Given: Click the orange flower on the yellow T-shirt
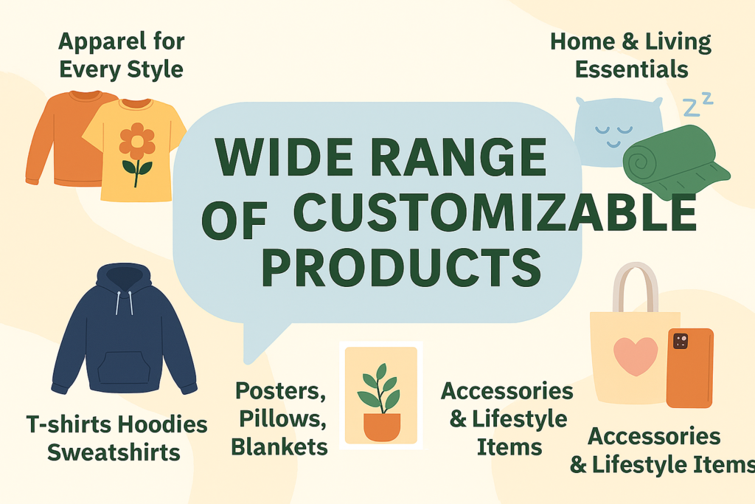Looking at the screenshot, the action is point(137,141).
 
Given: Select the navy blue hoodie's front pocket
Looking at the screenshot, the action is point(124,367).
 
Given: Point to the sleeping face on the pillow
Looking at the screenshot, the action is point(613,135).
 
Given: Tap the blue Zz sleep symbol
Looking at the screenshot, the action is point(697,104).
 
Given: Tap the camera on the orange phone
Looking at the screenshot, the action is point(681,341).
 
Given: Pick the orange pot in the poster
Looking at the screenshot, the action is point(382,427).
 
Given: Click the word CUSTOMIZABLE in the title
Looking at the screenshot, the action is point(495,212).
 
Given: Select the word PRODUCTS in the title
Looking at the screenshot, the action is point(401,267).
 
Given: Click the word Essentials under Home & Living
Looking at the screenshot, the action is point(631,69).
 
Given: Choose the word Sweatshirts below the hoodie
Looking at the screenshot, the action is point(114,452).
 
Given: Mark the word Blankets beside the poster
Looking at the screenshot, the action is point(279,446).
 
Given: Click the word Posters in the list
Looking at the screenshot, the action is point(280,390).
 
